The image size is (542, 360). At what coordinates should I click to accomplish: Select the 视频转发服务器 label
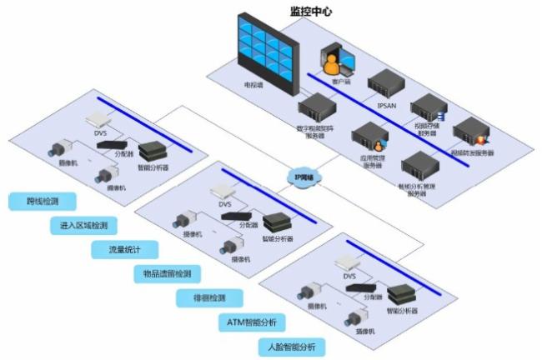(x=473, y=152)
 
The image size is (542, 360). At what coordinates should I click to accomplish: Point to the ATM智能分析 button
(x=251, y=322)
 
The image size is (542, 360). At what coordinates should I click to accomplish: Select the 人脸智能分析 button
(x=291, y=346)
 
